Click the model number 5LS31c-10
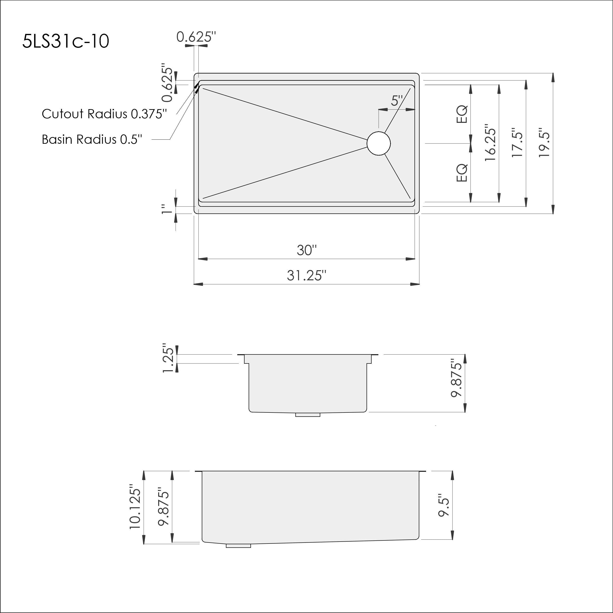pos(66,42)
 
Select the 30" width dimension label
pos(306,250)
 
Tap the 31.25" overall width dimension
pos(306,275)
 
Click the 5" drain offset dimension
pos(397,101)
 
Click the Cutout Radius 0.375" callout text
pos(104,114)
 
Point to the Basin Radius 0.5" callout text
pos(92,139)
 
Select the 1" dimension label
pos(166,209)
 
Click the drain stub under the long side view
pos(238,546)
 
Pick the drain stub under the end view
pos(307,415)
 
